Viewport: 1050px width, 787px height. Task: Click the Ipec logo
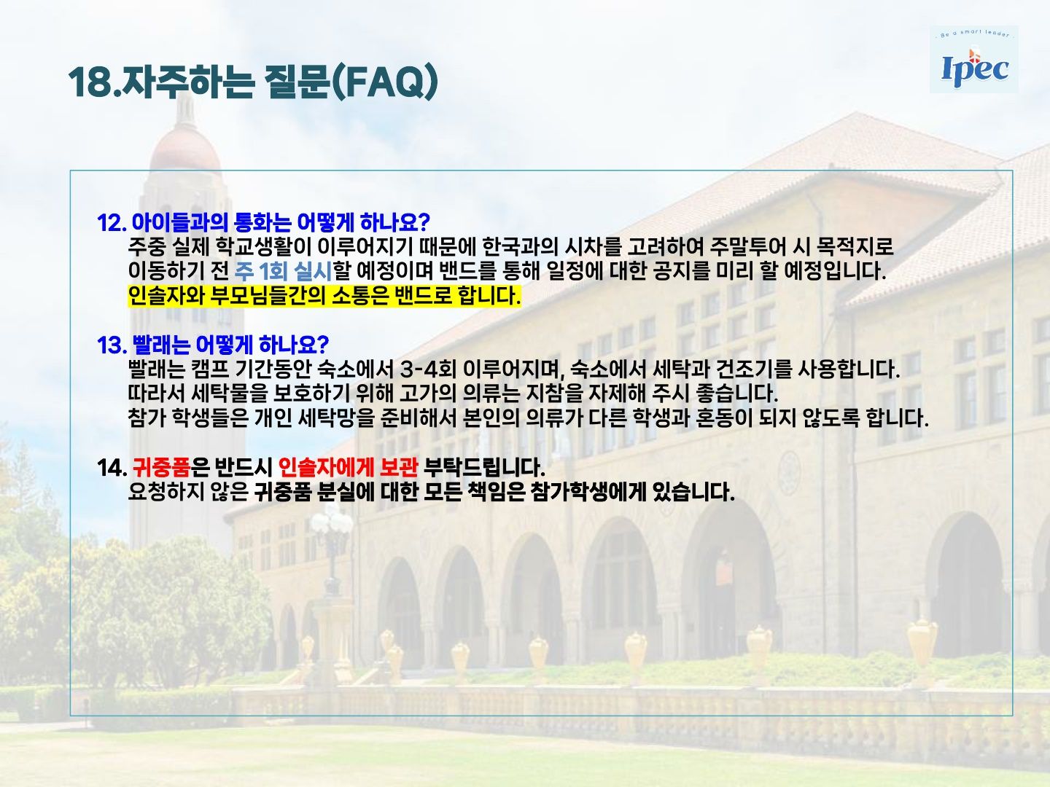pyautogui.click(x=974, y=60)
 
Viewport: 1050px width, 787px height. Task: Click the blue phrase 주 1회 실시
pyautogui.click(x=283, y=271)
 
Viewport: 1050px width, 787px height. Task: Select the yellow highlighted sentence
pyautogui.click(x=324, y=296)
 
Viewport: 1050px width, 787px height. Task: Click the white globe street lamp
pyautogui.click(x=332, y=524)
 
